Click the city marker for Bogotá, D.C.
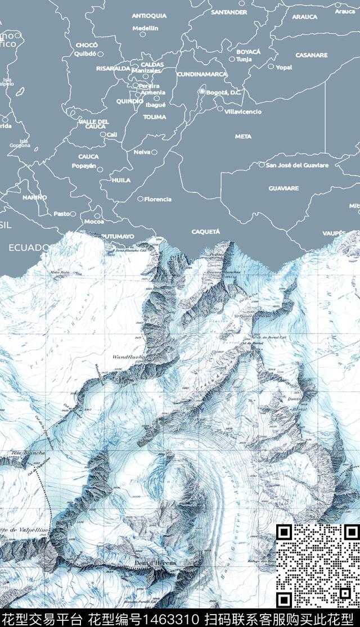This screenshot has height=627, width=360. tap(201, 91)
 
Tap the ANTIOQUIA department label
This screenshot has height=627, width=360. tap(149, 16)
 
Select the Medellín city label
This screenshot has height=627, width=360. tap(146, 28)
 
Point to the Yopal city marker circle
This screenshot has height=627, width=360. tap(271, 66)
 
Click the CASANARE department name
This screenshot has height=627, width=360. tap(311, 55)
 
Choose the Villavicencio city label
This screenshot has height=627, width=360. tap(243, 112)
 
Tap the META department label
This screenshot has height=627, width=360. tap(243, 137)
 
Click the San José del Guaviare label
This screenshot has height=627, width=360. tap(297, 165)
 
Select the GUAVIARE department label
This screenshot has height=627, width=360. tap(283, 188)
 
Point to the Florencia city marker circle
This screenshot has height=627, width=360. tap(141, 199)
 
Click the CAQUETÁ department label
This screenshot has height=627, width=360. tap(205, 232)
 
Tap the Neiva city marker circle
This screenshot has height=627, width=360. tap(154, 152)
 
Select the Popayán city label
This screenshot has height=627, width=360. tap(84, 166)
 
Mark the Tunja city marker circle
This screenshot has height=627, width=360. tap(232, 58)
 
